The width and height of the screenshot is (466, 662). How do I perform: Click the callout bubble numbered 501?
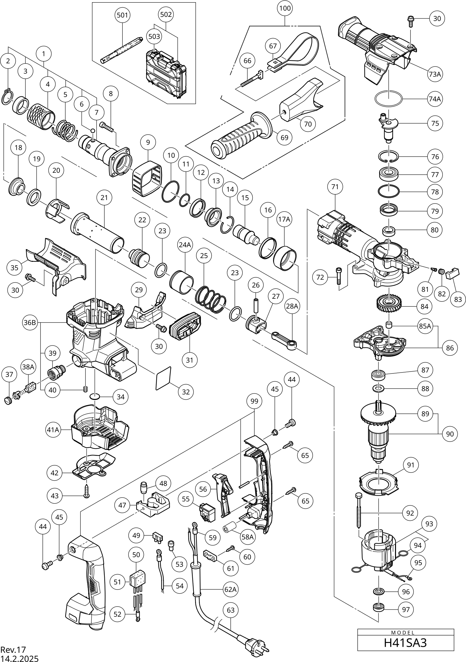(x=123, y=15)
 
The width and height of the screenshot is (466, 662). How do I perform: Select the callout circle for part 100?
(x=285, y=8)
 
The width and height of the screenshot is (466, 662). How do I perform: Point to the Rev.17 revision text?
(x=13, y=649)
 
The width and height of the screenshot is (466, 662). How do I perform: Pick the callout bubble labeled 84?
(x=424, y=307)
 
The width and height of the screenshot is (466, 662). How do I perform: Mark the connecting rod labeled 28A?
(x=285, y=340)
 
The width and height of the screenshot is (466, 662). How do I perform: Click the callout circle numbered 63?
(x=230, y=610)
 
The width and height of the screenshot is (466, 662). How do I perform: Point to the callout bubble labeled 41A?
(x=53, y=430)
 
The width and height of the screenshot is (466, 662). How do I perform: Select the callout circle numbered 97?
(x=406, y=610)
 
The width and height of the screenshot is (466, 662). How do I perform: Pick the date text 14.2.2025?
(x=19, y=658)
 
